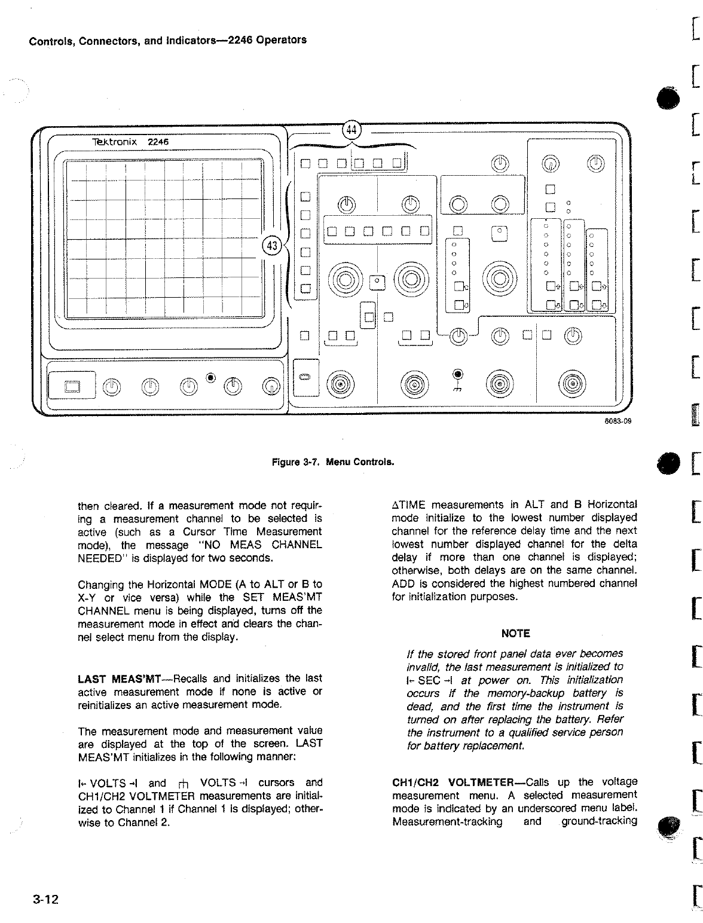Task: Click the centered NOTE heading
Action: pos(515,633)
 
